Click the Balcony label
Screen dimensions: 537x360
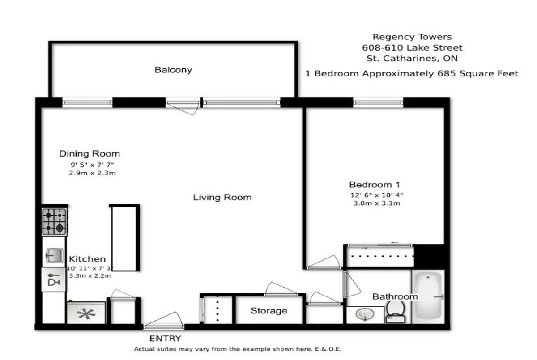click(x=173, y=70)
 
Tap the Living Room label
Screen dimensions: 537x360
click(x=222, y=197)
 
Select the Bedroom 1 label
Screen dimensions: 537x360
click(x=375, y=185)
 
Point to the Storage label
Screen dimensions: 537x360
click(x=269, y=311)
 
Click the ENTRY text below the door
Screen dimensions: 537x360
click(x=165, y=339)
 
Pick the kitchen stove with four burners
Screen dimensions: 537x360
click(x=55, y=221)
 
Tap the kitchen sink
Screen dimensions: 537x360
click(x=54, y=255)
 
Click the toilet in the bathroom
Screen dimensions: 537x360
click(x=395, y=311)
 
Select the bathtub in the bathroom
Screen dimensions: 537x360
click(x=428, y=296)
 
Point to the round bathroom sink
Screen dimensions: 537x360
click(x=365, y=314)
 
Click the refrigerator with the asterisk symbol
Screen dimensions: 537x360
click(x=86, y=313)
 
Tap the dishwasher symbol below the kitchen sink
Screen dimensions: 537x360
click(x=53, y=280)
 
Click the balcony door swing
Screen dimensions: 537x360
click(x=183, y=107)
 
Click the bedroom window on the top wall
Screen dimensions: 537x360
click(x=378, y=102)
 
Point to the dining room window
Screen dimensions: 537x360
click(x=88, y=102)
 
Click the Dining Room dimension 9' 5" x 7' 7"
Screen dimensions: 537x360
click(x=92, y=165)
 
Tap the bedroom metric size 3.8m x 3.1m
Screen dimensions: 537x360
click(x=377, y=203)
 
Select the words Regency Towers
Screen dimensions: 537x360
click(x=412, y=37)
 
